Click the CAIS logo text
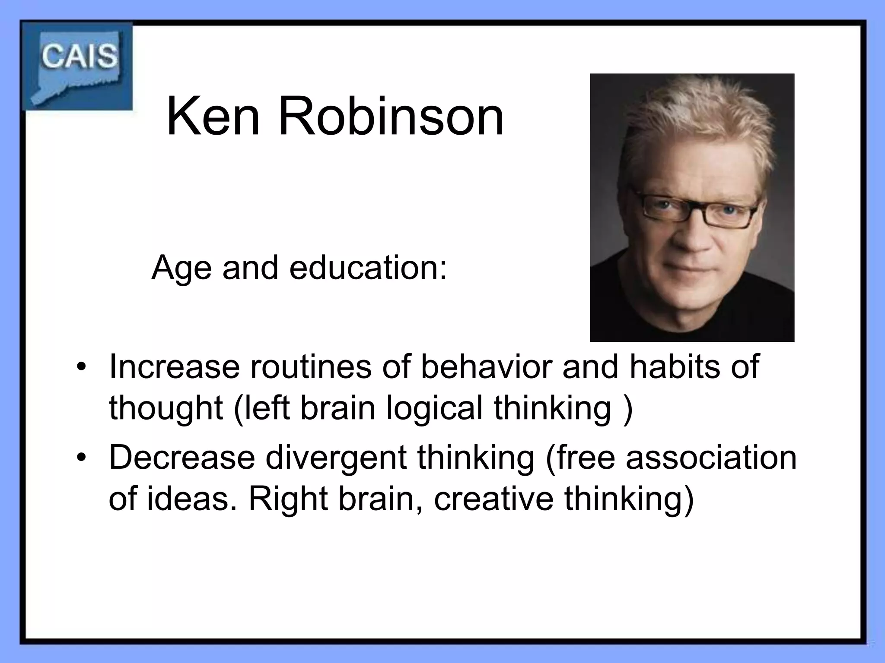80,56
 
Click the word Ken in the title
213,117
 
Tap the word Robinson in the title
391,117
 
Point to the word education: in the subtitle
368,268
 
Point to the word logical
434,408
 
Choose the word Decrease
182,458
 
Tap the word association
711,458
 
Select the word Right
287,499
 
